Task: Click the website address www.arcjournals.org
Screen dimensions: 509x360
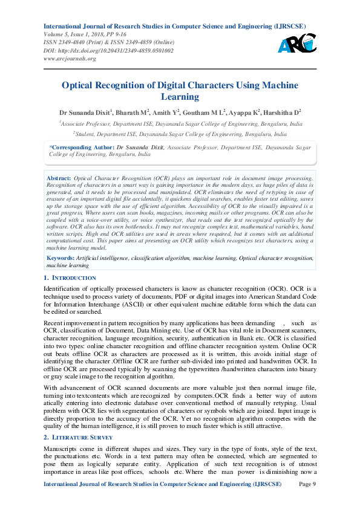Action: (70, 59)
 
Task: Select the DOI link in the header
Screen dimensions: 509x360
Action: (108, 50)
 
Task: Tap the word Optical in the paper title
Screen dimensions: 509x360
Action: (81, 85)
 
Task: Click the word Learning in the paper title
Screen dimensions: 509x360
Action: (180, 97)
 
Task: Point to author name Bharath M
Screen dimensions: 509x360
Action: (132, 112)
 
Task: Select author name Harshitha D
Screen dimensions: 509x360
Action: (282, 112)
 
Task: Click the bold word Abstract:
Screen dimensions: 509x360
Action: (59, 179)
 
